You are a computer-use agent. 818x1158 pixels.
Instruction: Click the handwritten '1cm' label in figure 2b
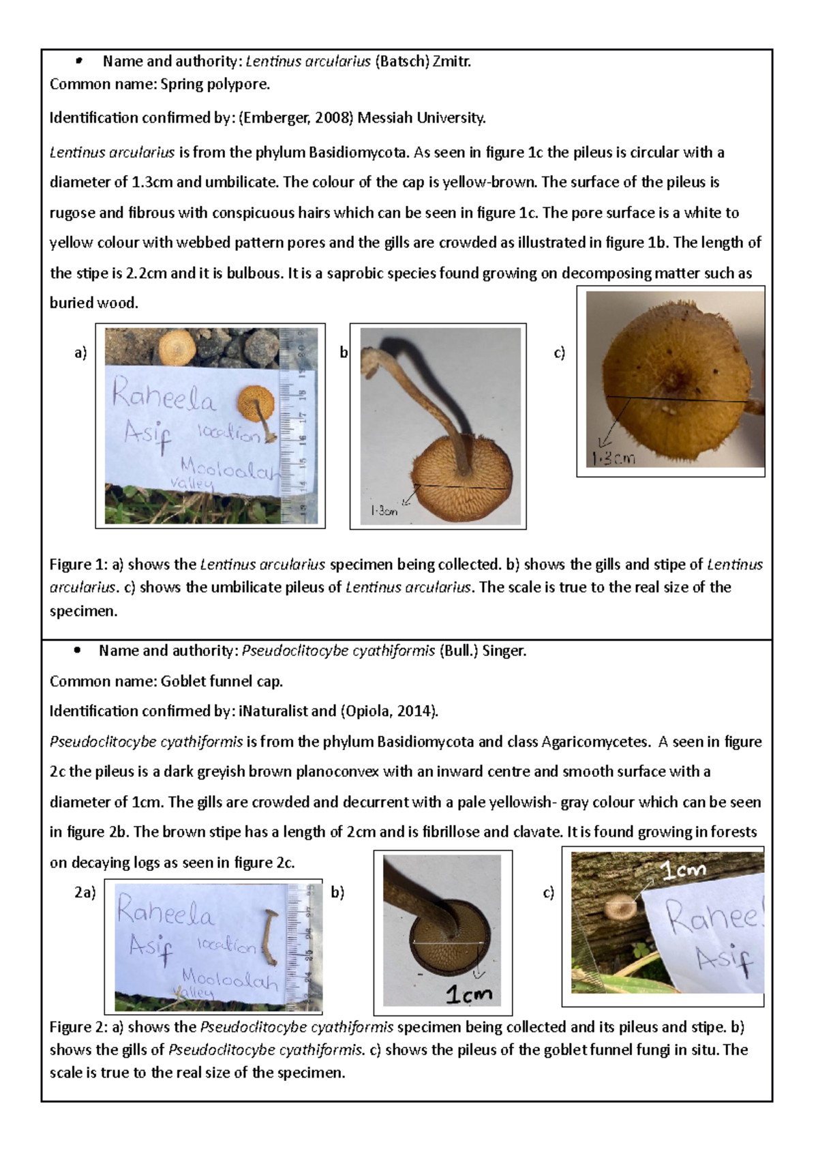pyautogui.click(x=468, y=995)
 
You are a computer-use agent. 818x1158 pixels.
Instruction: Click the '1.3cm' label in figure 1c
pyautogui.click(x=613, y=458)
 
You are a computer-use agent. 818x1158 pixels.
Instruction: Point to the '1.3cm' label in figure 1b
pyautogui.click(x=384, y=511)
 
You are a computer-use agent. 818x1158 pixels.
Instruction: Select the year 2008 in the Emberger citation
pyautogui.click(x=333, y=118)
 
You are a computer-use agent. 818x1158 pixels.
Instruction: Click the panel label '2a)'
pyautogui.click(x=85, y=892)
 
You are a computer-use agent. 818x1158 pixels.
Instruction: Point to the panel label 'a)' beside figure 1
pyautogui.click(x=81, y=353)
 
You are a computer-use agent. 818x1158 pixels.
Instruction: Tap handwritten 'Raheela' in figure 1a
pyautogui.click(x=164, y=398)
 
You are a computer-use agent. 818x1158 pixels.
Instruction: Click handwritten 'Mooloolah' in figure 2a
pyautogui.click(x=230, y=980)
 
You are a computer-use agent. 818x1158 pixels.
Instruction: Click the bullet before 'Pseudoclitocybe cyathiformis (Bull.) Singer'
pyautogui.click(x=78, y=651)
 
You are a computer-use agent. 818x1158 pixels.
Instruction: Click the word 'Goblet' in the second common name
pyautogui.click(x=182, y=681)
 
